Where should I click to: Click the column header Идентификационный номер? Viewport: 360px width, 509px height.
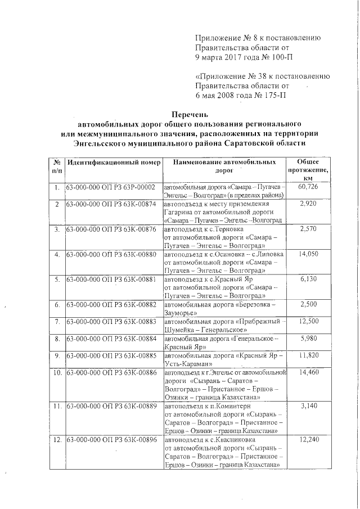pos(114,162)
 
